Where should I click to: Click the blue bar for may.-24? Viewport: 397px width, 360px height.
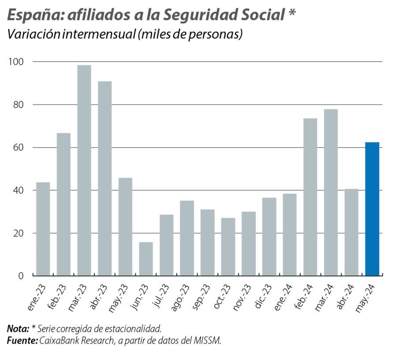click(372, 209)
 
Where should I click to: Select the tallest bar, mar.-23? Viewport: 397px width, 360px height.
click(84, 171)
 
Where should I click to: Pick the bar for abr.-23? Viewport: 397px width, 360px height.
click(105, 178)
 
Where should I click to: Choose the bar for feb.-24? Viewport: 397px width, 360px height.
click(310, 197)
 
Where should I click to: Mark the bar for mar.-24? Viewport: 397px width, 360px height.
click(331, 193)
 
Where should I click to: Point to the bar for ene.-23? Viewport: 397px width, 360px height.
click(43, 229)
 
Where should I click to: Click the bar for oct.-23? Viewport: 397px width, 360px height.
click(228, 247)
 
